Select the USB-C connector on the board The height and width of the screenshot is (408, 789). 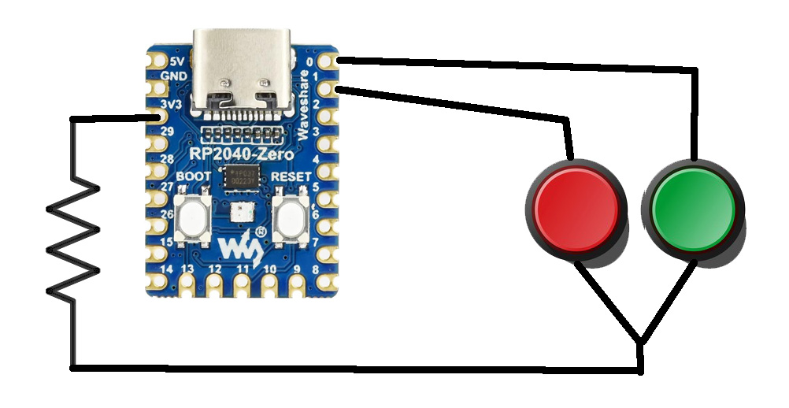pos(244,67)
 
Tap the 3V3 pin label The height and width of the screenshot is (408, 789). pos(172,104)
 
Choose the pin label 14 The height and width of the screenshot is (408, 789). pos(166,270)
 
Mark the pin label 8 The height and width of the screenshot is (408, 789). pos(316,270)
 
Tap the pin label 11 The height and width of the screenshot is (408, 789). pos(243,270)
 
